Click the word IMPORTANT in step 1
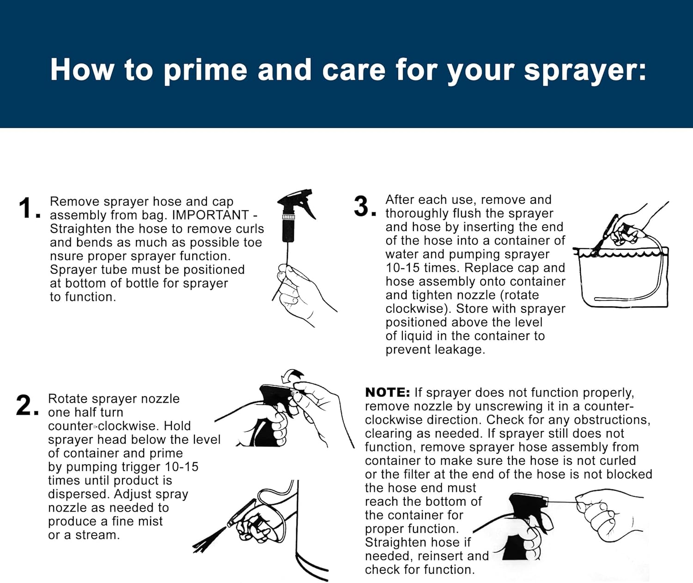(x=210, y=215)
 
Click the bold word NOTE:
(x=388, y=393)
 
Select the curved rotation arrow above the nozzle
(x=292, y=375)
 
